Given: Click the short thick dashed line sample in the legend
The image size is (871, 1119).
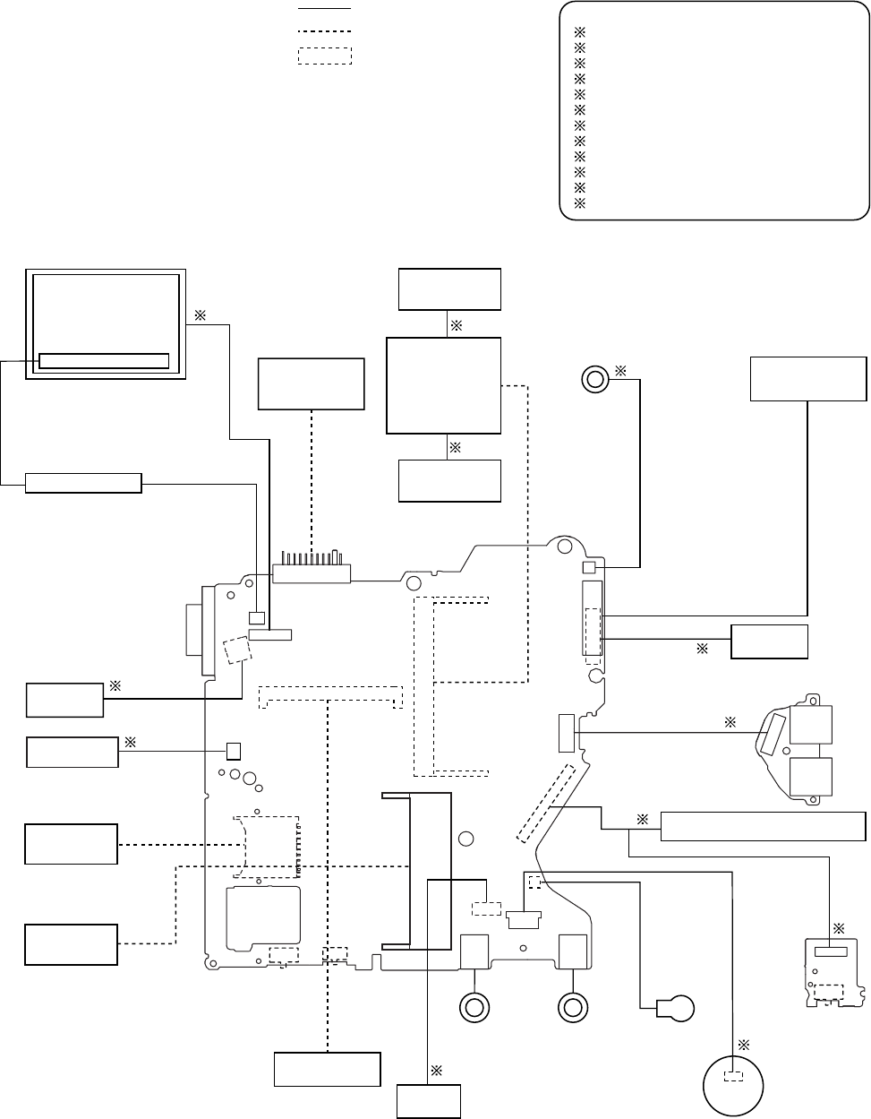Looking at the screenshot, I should [x=324, y=31].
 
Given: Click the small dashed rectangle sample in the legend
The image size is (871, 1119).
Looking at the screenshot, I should [x=324, y=55].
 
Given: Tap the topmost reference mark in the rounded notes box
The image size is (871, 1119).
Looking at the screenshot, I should [x=578, y=32].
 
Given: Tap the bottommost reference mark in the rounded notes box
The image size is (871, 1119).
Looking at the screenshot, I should [x=578, y=203].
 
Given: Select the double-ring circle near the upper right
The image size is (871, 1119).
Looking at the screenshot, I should [x=593, y=379].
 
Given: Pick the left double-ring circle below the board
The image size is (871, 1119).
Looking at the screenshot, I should [x=474, y=1008].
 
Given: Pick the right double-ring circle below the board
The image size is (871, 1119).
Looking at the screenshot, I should [x=572, y=1008].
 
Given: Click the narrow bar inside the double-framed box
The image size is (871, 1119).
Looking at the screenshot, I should [x=104, y=361].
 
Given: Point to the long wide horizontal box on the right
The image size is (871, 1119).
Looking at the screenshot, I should [x=763, y=826].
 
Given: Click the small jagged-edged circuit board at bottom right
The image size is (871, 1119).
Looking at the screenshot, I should [x=835, y=972].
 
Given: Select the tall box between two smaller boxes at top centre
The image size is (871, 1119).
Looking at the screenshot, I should [x=443, y=385].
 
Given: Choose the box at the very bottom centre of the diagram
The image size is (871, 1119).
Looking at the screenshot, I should [x=429, y=1100].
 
